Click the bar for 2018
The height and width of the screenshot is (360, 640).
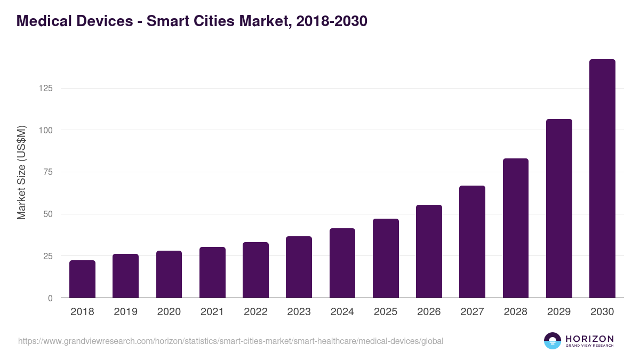(82, 279)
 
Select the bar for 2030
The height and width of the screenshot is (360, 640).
(602, 179)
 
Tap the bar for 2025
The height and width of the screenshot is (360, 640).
(386, 258)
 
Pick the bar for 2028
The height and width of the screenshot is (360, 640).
(516, 228)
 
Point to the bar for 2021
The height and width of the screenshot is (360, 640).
(212, 273)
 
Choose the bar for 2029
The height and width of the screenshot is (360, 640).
(559, 209)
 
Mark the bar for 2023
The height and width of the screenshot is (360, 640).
(299, 267)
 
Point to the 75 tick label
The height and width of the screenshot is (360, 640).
(48, 172)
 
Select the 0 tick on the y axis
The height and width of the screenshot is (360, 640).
(50, 298)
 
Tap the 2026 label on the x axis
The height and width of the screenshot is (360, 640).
(429, 312)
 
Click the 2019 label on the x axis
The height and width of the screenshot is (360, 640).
(125, 312)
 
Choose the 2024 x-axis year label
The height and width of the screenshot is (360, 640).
(342, 312)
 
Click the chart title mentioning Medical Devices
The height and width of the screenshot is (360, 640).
(192, 21)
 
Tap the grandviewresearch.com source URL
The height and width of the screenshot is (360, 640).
(230, 341)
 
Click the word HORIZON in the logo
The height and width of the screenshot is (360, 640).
(589, 338)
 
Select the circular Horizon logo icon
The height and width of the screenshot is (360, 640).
(553, 341)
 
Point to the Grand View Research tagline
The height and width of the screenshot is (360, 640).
(589, 346)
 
